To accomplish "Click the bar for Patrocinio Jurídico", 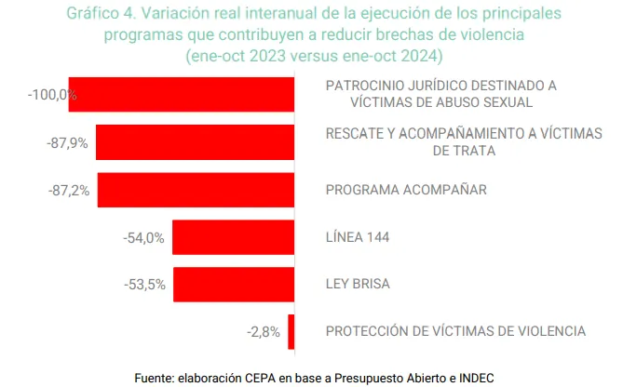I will click(x=182, y=95).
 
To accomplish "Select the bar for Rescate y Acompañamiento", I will click(x=195, y=142).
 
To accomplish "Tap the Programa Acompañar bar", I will click(x=196, y=190).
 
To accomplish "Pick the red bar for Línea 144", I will click(x=233, y=237).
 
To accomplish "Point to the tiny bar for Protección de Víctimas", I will click(x=291, y=331).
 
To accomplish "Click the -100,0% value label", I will click(x=52, y=95).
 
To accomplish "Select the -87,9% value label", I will click(x=67, y=142).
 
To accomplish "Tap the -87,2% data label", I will click(x=69, y=190).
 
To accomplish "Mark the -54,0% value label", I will click(x=143, y=237).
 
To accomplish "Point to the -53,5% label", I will click(x=144, y=285).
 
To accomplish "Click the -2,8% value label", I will click(x=264, y=331).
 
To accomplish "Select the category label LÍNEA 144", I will click(x=357, y=237).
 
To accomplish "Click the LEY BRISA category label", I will click(x=359, y=284).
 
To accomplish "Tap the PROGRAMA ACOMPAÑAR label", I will click(x=406, y=190).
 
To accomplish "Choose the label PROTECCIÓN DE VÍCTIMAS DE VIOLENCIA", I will click(x=455, y=331).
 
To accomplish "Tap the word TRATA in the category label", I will click(x=464, y=150).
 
